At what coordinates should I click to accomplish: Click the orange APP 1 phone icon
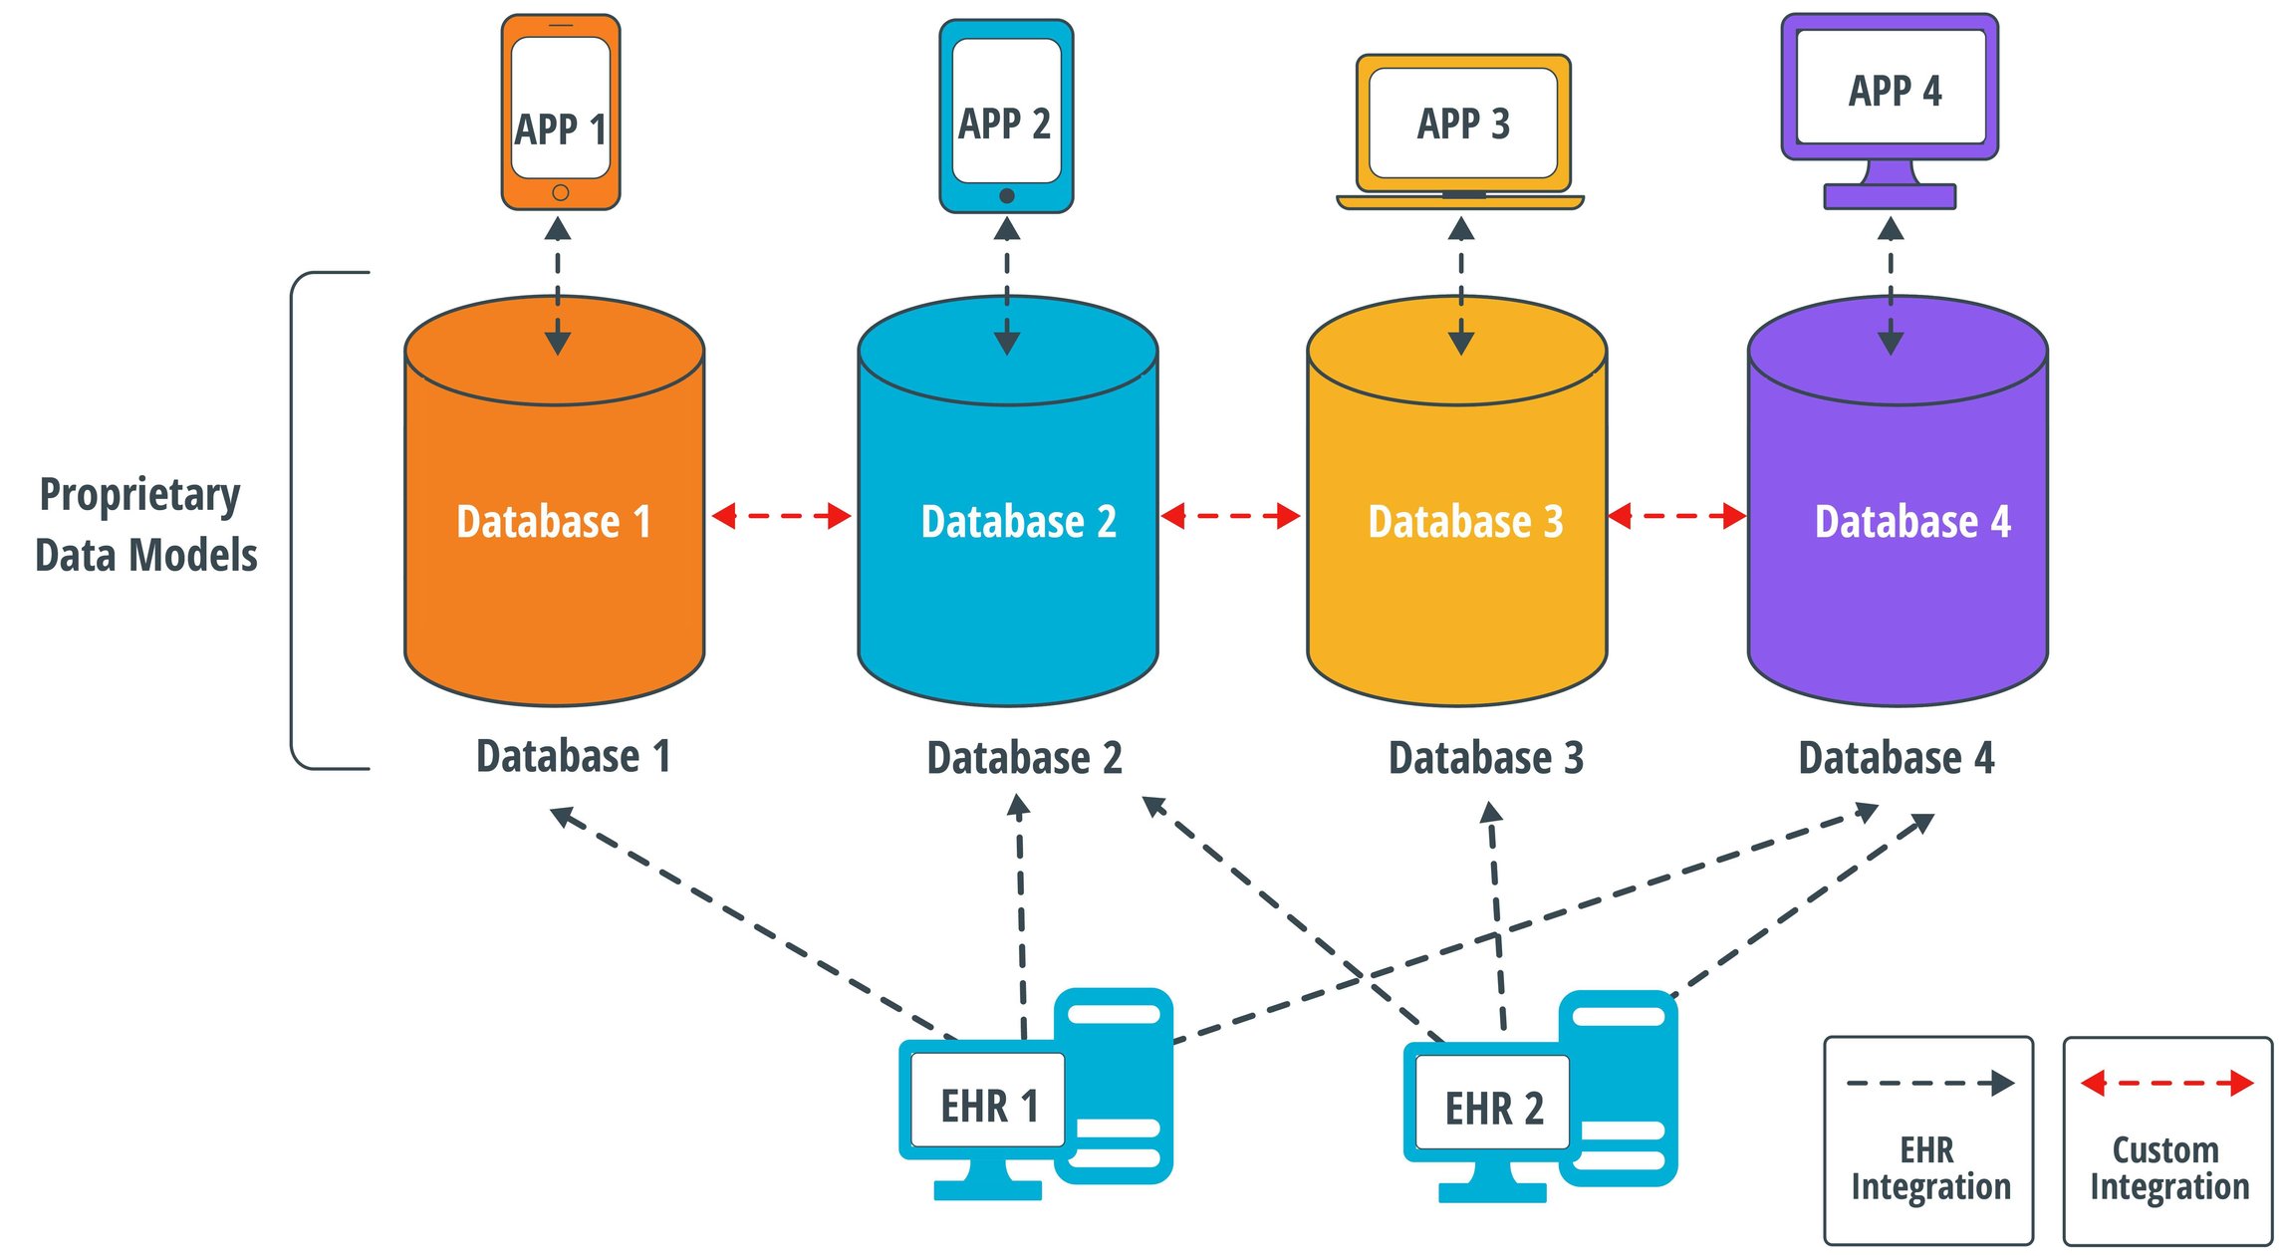click(x=560, y=112)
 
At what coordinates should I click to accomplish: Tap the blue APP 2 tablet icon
click(x=1006, y=116)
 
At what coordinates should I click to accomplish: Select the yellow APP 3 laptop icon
click(x=1461, y=129)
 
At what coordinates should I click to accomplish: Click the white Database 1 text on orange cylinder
click(x=554, y=522)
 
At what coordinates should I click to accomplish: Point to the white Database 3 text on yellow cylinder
click(x=1465, y=522)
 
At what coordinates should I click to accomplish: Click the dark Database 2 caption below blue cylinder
click(x=1024, y=758)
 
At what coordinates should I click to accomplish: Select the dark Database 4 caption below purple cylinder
click(x=1896, y=758)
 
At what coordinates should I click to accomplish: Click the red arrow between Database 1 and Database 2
click(x=781, y=516)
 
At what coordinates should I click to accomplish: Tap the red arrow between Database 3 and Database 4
click(x=1676, y=516)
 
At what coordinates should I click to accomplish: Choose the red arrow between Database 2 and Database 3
click(x=1230, y=516)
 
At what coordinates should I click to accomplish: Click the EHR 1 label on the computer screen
click(x=989, y=1106)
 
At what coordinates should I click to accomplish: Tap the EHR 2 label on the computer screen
click(x=1494, y=1109)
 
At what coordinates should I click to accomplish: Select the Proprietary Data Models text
click(x=145, y=525)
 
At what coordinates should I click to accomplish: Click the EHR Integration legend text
click(x=1930, y=1168)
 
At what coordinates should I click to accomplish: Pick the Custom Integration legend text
click(x=2168, y=1168)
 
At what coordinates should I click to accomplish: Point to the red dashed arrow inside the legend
click(x=2166, y=1083)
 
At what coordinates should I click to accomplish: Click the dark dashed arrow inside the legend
click(x=1929, y=1083)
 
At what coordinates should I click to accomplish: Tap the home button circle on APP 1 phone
click(x=561, y=192)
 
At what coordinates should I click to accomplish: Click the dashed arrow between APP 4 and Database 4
click(x=1891, y=287)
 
